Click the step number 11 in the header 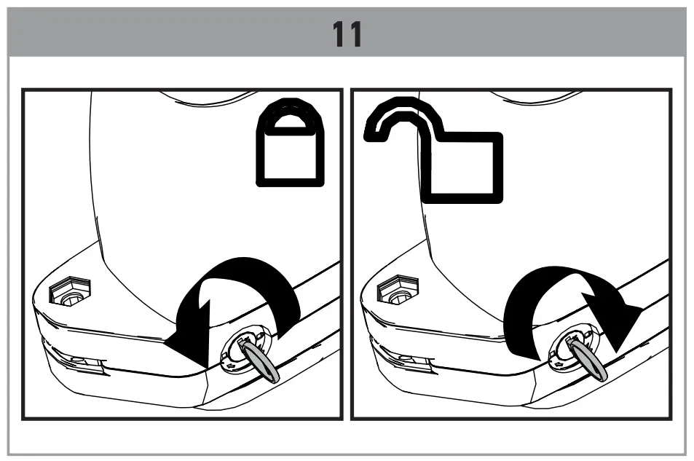coord(347,34)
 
